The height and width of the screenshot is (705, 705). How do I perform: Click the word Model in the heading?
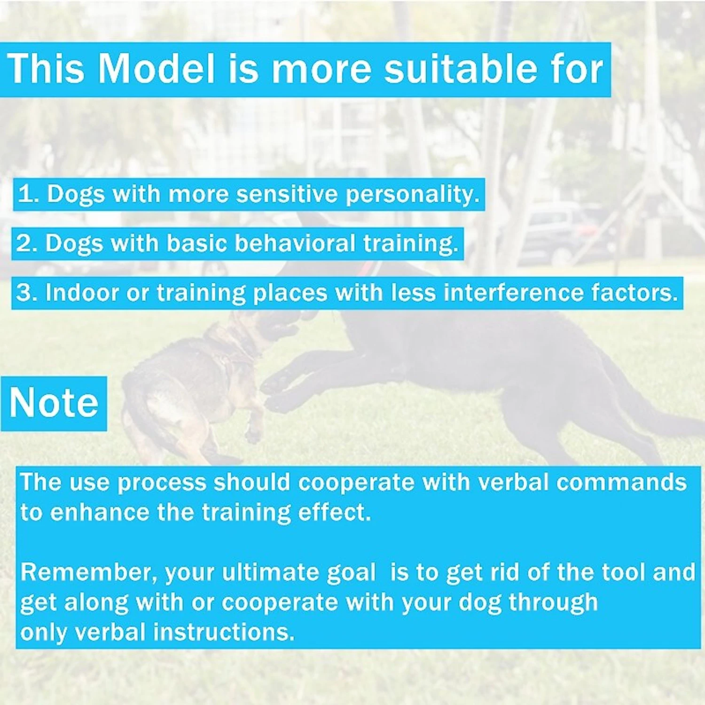tap(156, 69)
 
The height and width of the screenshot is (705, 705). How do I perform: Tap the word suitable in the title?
tap(461, 69)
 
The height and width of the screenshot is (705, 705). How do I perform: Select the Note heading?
tap(54, 403)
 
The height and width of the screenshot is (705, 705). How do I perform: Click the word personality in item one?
tap(412, 195)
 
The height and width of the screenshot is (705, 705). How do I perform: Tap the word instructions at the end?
tap(224, 632)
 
